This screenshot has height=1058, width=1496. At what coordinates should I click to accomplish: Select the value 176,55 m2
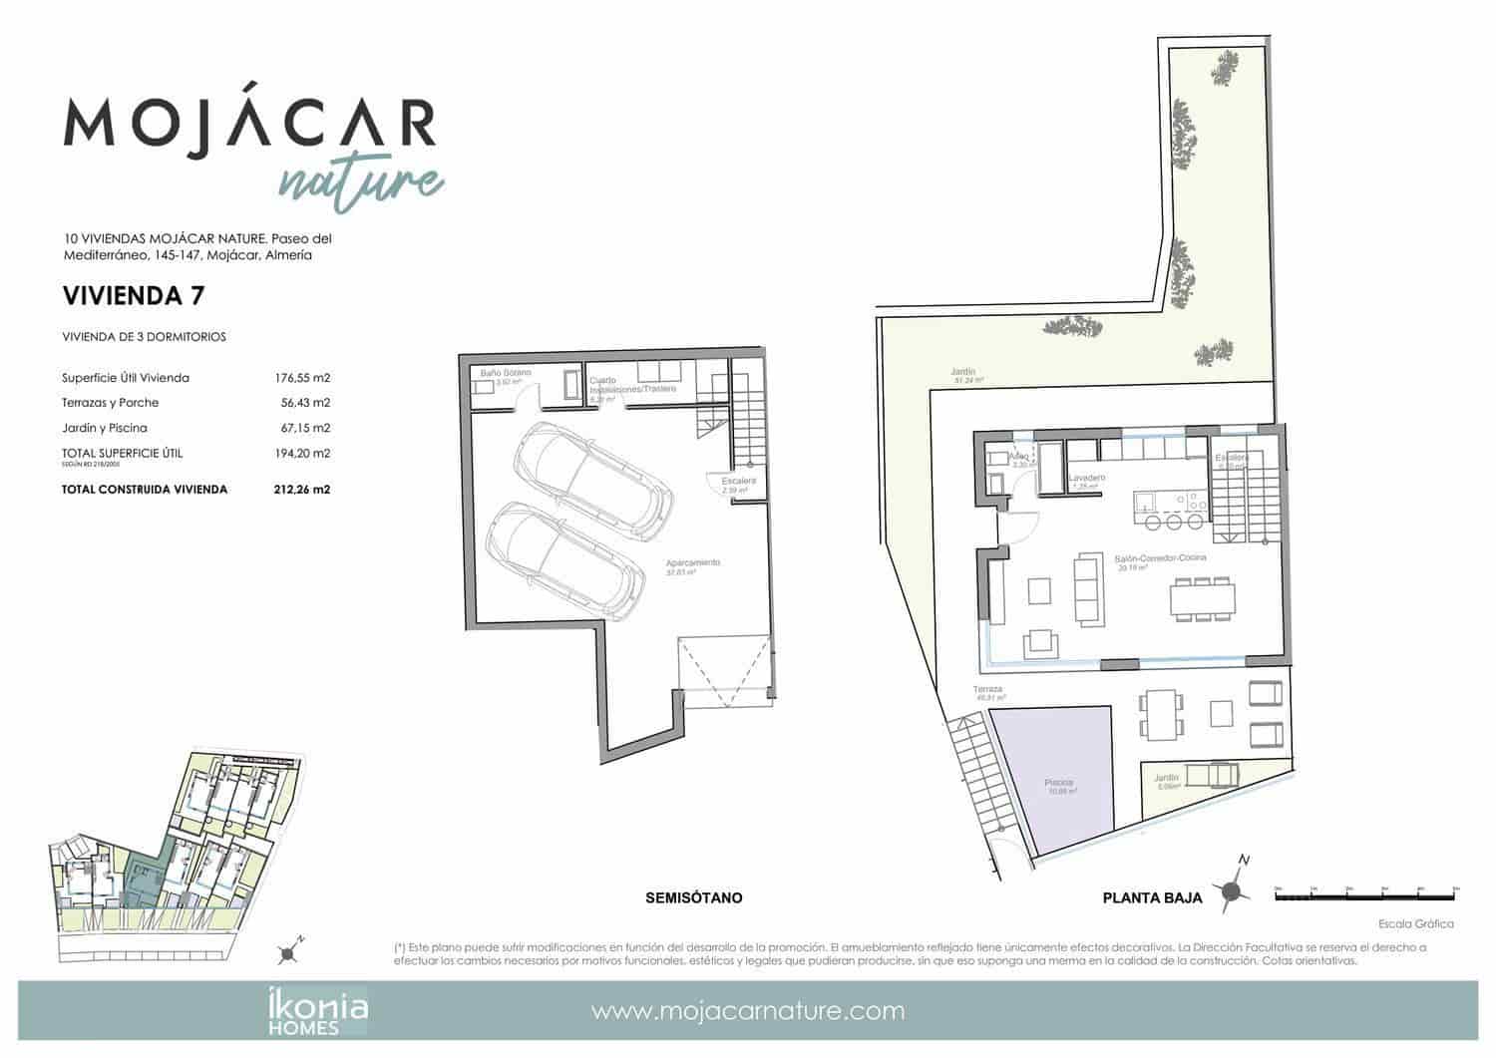pyautogui.click(x=302, y=378)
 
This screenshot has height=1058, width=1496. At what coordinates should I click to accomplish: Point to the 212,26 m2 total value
pyautogui.click(x=302, y=490)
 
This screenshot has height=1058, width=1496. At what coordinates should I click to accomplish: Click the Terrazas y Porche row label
pyautogui.click(x=110, y=403)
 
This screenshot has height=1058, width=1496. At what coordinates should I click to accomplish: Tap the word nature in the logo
pyautogui.click(x=359, y=180)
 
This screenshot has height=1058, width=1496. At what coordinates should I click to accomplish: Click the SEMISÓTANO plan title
pyautogui.click(x=693, y=897)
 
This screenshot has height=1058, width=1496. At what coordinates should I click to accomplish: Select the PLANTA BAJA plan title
pyautogui.click(x=1152, y=897)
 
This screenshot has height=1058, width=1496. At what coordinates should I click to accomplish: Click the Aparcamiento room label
pyautogui.click(x=693, y=563)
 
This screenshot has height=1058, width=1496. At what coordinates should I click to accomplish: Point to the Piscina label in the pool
pyautogui.click(x=1059, y=783)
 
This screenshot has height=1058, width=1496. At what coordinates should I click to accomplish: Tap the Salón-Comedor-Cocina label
pyautogui.click(x=1160, y=558)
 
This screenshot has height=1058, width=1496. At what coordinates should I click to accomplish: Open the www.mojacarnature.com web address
pyautogui.click(x=748, y=1011)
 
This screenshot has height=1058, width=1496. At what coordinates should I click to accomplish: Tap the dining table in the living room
pyautogui.click(x=1202, y=599)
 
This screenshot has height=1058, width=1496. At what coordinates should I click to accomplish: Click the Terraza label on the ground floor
pyautogui.click(x=988, y=690)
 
